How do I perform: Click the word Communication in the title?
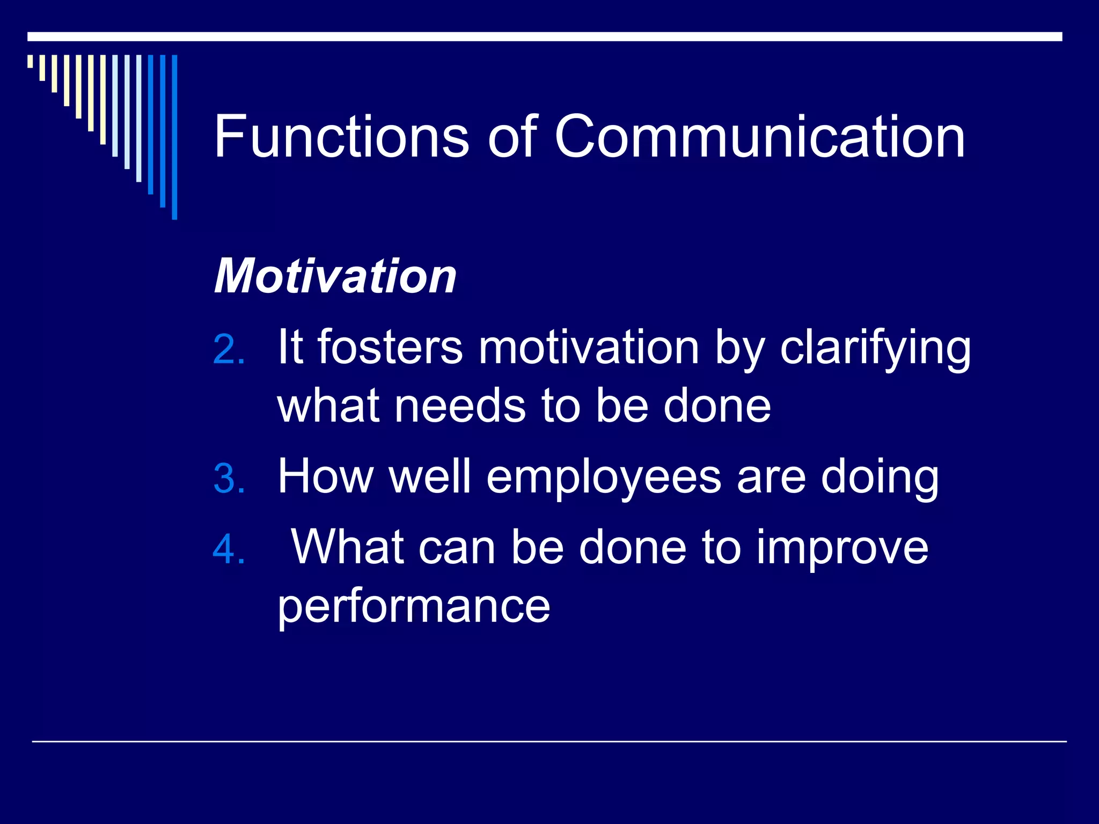point(760,137)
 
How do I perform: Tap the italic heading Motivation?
point(335,276)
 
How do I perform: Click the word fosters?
point(390,347)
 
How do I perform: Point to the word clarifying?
point(875,349)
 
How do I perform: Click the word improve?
point(842,548)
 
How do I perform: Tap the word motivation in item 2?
point(589,347)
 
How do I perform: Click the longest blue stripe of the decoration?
point(174,137)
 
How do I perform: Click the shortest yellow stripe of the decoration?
point(31,61)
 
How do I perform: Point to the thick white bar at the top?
point(545,36)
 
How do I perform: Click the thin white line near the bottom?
point(549,741)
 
